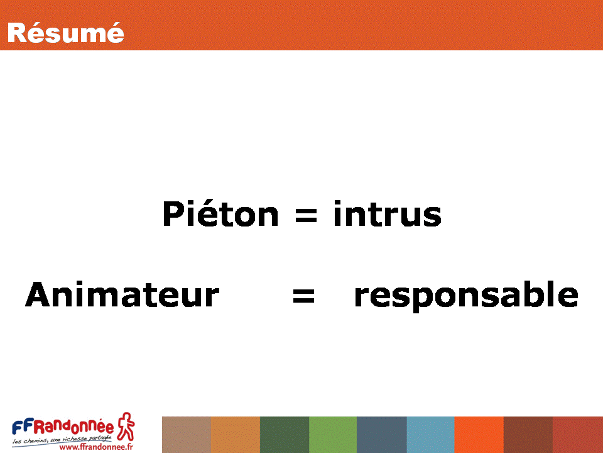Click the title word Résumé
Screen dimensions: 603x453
tap(65, 32)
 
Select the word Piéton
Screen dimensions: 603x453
tap(220, 213)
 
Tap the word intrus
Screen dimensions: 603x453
tap(388, 213)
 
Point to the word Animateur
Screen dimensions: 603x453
tap(122, 294)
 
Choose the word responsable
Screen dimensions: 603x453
tap(466, 296)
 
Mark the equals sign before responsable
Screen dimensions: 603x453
tap(304, 296)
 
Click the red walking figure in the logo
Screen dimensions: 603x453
tap(126, 426)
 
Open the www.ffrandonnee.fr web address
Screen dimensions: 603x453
tap(96, 447)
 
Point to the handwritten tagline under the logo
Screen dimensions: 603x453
tap(62, 439)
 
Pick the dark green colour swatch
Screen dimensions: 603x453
tap(285, 435)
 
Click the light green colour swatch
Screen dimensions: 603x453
tap(333, 435)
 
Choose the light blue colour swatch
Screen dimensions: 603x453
tap(431, 435)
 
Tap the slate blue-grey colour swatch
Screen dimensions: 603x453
tap(382, 435)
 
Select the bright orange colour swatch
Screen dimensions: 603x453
tap(479, 435)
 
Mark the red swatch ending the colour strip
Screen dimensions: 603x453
tap(578, 435)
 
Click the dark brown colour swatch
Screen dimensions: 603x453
tap(528, 435)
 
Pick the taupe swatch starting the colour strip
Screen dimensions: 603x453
tap(187, 435)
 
